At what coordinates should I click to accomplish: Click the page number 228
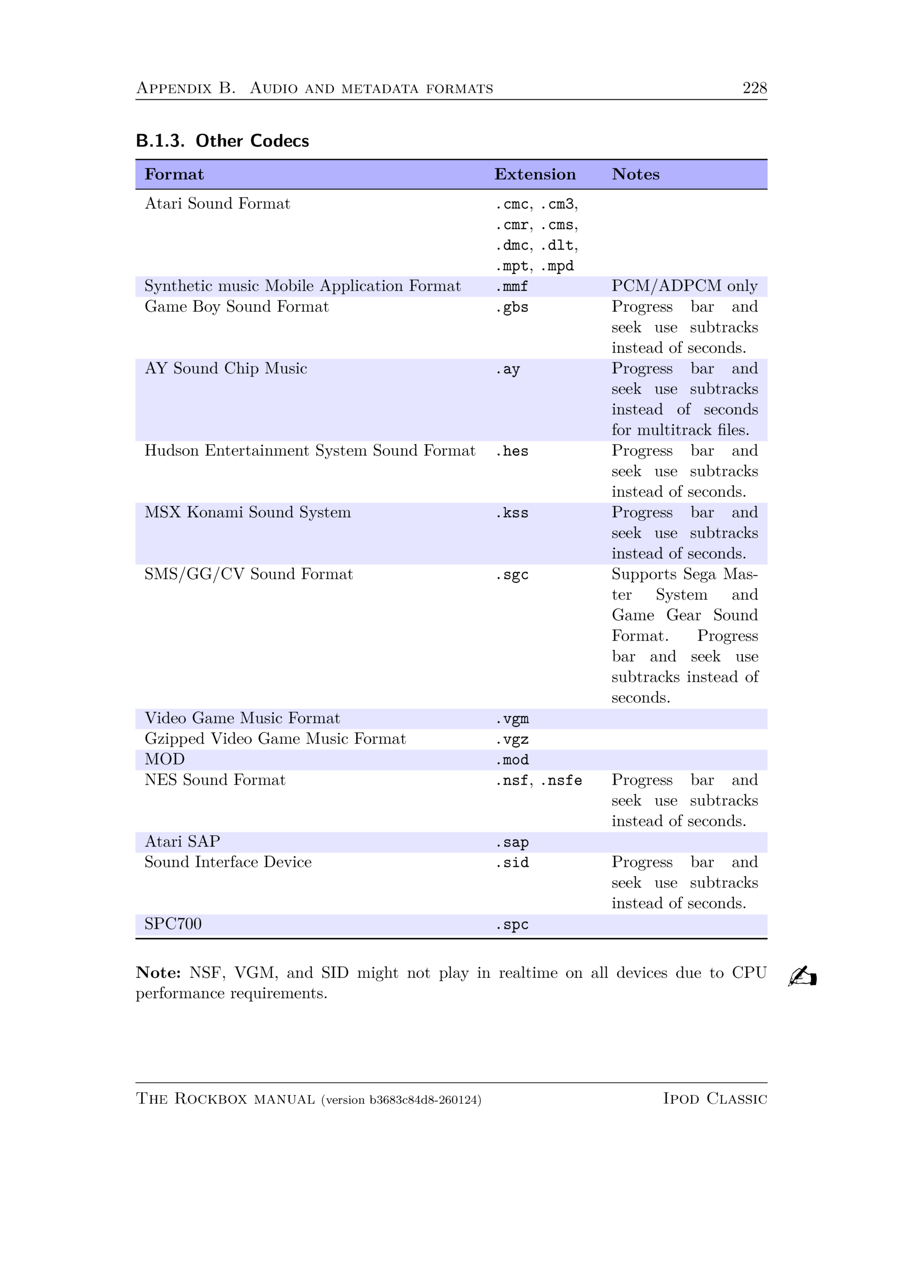[754, 88]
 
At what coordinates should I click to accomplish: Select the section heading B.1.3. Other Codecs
[222, 141]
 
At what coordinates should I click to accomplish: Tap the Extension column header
[535, 174]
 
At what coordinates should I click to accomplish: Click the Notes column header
[636, 174]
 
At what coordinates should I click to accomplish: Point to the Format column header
[174, 174]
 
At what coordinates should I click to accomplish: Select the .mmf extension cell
[511, 287]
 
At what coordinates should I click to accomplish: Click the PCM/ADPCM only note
[684, 286]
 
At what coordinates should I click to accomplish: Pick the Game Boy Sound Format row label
[236, 307]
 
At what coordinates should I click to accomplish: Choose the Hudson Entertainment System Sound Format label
[310, 450]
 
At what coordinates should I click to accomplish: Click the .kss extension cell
[511, 513]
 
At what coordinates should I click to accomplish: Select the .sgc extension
[511, 575]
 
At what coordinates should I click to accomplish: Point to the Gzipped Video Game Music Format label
[275, 739]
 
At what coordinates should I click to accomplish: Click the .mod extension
[512, 760]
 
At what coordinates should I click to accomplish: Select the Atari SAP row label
[182, 842]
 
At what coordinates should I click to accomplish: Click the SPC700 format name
[173, 924]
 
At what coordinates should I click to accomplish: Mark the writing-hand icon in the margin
[802, 976]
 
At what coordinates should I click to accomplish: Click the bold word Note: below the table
[158, 973]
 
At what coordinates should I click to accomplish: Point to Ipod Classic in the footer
[714, 1098]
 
